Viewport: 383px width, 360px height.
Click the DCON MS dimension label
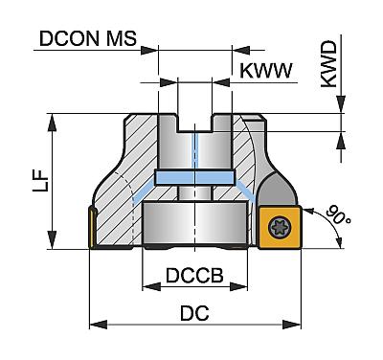(88, 38)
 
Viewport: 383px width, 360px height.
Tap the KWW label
(266, 71)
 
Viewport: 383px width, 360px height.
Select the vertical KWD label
(329, 64)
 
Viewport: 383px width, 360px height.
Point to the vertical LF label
(40, 180)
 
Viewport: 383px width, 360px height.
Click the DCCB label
(194, 276)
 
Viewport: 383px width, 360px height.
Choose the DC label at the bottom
(194, 313)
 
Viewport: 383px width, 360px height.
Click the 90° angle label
(339, 215)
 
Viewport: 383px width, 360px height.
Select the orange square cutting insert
(280, 227)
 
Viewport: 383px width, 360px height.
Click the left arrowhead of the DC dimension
(98, 326)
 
